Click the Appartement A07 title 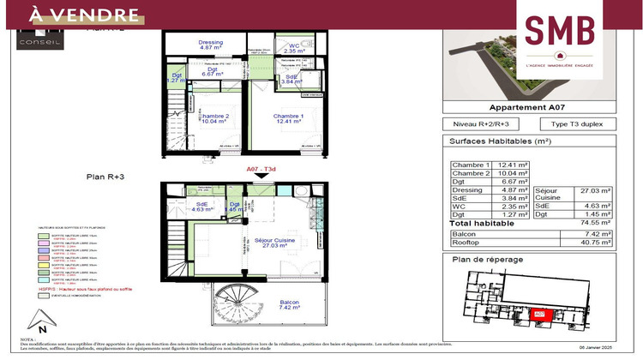(x=529, y=108)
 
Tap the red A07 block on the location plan (x=541, y=315)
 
